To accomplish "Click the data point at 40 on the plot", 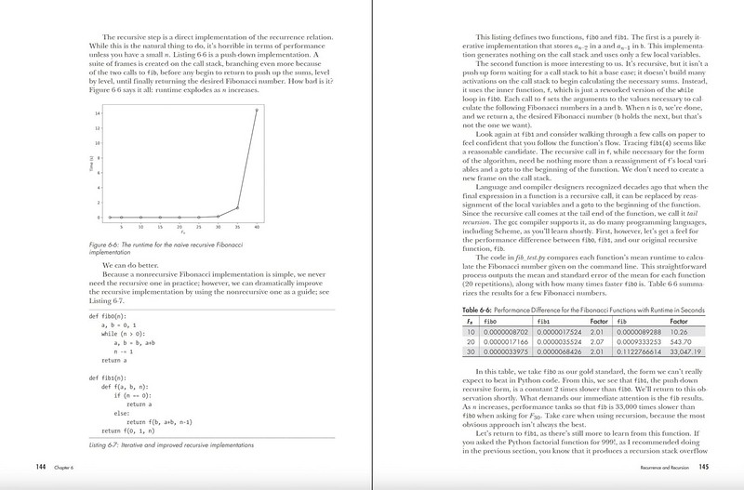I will pos(257,110).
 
